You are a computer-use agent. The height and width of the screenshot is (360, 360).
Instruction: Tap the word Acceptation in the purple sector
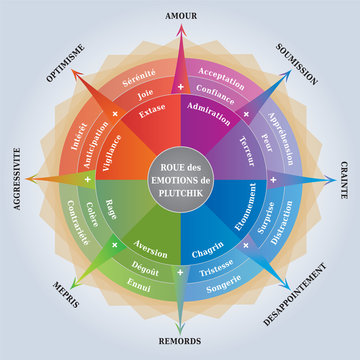(222, 73)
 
